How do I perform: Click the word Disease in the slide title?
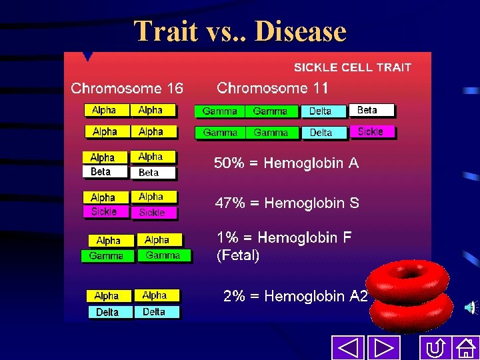pyautogui.click(x=301, y=31)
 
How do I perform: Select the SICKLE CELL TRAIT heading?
pyautogui.click(x=353, y=67)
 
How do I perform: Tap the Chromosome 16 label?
pyautogui.click(x=127, y=88)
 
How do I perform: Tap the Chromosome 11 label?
pyautogui.click(x=273, y=88)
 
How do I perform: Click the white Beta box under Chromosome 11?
pyautogui.click(x=371, y=111)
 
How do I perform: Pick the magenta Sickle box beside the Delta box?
pyautogui.click(x=372, y=132)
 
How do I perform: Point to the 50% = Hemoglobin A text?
pyautogui.click(x=286, y=163)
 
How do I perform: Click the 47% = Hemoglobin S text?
pyautogui.click(x=287, y=203)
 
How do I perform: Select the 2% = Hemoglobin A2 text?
pyautogui.click(x=295, y=297)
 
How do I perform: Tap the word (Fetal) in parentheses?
pyautogui.click(x=238, y=255)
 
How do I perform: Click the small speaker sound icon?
pyautogui.click(x=470, y=307)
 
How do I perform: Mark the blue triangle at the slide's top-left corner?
pyautogui.click(x=86, y=57)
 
